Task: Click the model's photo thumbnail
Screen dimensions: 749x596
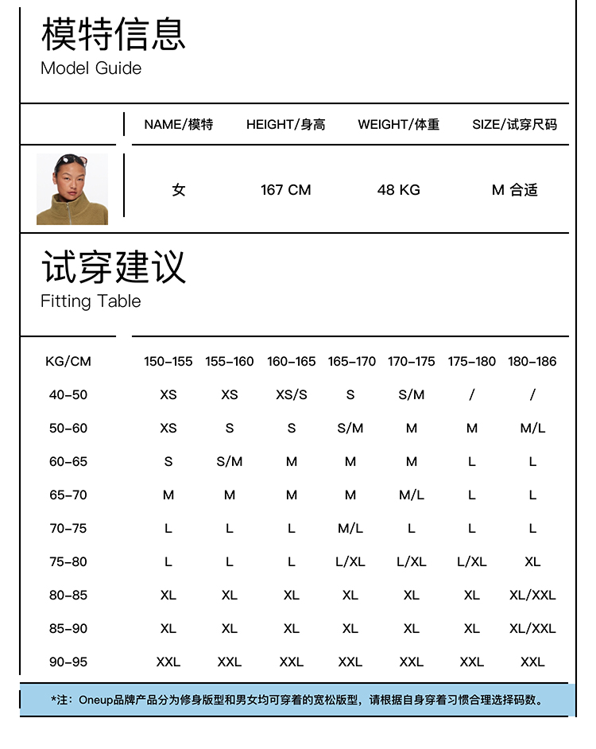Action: [x=72, y=189]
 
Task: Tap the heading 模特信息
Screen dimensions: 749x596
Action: [x=114, y=33]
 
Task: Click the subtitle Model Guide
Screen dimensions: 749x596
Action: [x=91, y=68]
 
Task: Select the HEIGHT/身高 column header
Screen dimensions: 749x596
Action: [x=285, y=124]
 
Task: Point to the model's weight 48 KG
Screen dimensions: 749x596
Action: [x=398, y=190]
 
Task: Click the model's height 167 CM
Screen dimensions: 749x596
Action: [x=285, y=190]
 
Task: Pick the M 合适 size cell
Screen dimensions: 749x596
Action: [x=514, y=190]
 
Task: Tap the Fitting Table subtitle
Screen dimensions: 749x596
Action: [x=91, y=301]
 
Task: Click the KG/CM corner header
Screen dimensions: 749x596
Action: [x=68, y=362]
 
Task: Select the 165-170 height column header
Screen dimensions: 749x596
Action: [x=351, y=362]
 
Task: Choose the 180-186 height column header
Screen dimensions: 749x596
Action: [x=532, y=362]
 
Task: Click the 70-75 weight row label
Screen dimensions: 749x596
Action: [x=68, y=529]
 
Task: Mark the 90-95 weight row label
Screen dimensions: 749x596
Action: [x=68, y=662]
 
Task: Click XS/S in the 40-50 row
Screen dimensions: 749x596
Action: [x=291, y=395]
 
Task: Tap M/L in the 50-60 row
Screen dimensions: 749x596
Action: [x=532, y=429]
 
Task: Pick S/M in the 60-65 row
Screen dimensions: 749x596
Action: [x=230, y=462]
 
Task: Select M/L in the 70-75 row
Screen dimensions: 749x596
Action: [x=350, y=529]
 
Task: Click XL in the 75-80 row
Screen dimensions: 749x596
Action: [x=532, y=562]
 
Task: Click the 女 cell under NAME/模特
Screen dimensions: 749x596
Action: [x=179, y=190]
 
